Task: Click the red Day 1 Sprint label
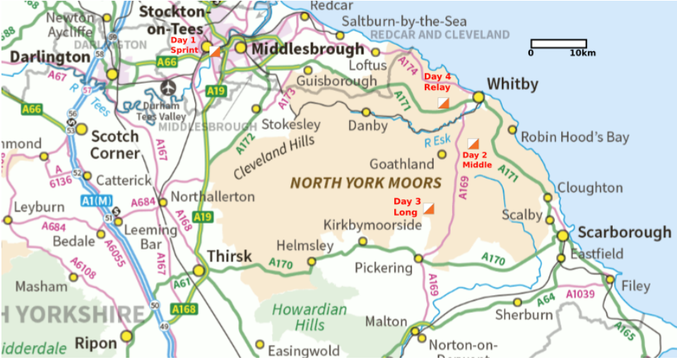pos(184,45)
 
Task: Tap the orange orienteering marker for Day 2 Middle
pos(473,144)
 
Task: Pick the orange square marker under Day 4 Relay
pos(443,103)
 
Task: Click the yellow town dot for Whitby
pos(478,97)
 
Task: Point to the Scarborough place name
pos(624,232)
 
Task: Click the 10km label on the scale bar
pos(582,54)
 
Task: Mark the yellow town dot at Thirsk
pos(199,271)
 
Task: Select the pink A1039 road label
pos(580,294)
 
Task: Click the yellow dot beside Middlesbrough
pos(241,48)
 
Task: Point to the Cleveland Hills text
pos(274,159)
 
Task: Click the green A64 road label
pos(545,297)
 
